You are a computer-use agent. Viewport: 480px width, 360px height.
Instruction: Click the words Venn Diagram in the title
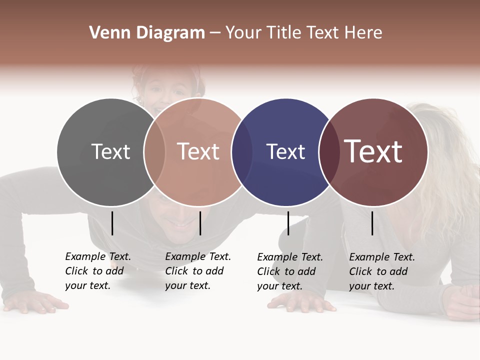pos(147,33)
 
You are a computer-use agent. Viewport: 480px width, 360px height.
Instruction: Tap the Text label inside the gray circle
pos(111,151)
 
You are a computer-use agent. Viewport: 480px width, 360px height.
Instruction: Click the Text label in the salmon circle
pos(198,151)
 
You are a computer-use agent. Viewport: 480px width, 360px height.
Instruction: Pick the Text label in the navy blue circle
pos(285,151)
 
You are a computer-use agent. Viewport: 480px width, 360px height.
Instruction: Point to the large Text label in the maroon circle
pos(373,151)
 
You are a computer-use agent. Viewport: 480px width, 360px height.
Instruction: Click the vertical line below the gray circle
pos(112,223)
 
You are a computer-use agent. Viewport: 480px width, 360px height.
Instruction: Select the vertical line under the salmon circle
pos(200,223)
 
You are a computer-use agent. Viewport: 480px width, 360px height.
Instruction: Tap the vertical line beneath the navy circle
pos(288,223)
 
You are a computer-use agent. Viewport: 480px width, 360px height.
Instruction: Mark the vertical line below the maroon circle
pos(372,223)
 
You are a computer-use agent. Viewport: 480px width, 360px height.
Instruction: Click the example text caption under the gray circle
pos(97,271)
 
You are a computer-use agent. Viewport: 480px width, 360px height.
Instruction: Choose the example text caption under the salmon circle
pos(197,271)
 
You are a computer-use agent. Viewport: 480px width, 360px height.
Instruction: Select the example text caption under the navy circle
pos(289,271)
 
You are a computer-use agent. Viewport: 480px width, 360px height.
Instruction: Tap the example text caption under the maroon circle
pos(381,271)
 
